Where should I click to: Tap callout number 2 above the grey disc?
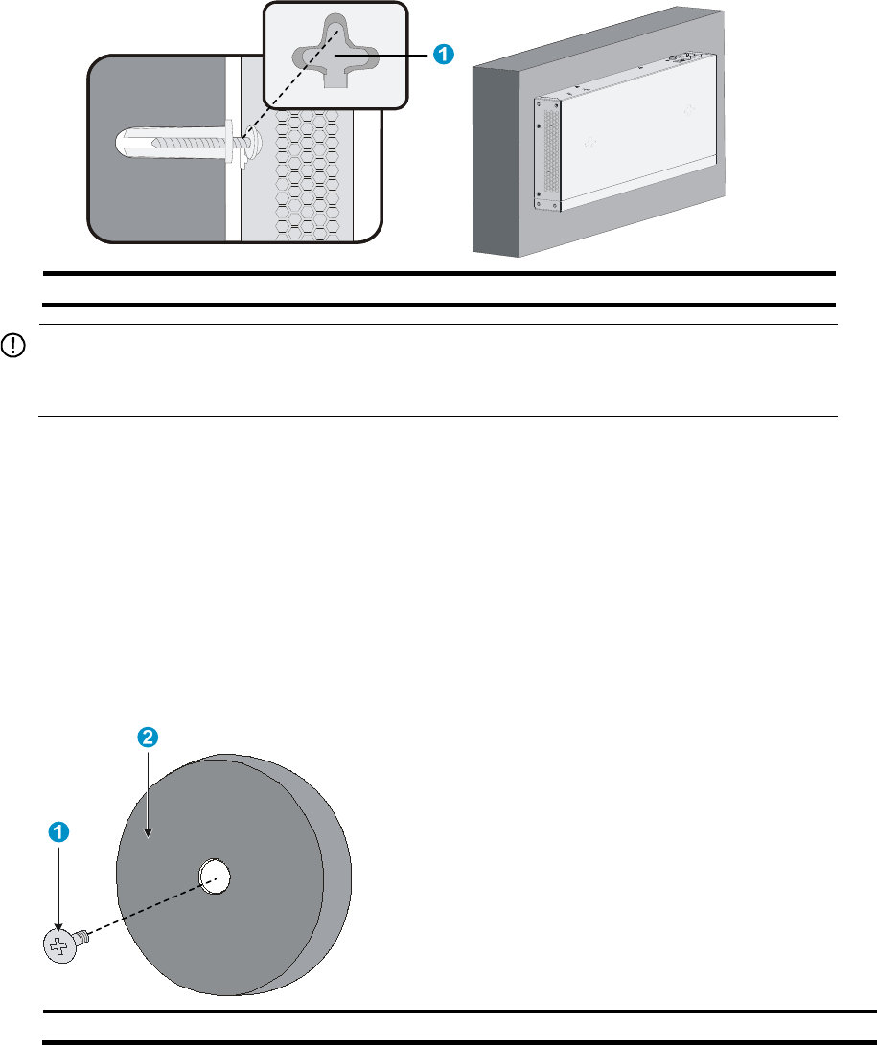pyautogui.click(x=147, y=737)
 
